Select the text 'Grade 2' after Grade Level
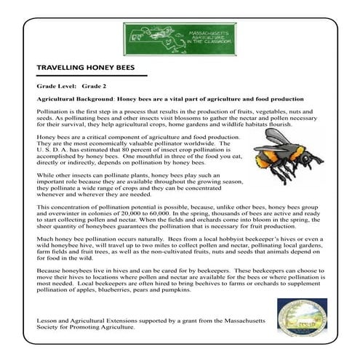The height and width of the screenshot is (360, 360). click(x=94, y=86)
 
